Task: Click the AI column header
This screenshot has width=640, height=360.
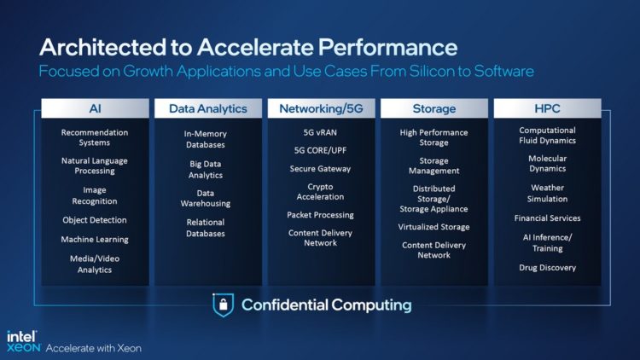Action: [95, 108]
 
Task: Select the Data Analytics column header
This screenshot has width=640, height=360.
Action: [208, 108]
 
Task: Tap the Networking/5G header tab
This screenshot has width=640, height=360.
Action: [320, 108]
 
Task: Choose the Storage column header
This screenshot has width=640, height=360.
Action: [433, 108]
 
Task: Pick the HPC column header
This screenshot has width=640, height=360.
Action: [547, 108]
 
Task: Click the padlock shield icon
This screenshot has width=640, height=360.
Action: [223, 305]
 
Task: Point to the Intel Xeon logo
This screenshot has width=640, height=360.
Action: [22, 341]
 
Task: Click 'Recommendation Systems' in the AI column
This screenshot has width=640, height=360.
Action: [95, 137]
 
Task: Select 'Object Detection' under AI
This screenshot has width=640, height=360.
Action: [95, 219]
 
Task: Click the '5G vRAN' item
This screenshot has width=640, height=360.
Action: [320, 132]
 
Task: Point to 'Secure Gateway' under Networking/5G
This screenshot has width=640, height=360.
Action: [320, 168]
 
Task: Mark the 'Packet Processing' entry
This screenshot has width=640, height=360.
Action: [320, 215]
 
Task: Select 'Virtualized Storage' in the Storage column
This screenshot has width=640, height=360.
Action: [433, 227]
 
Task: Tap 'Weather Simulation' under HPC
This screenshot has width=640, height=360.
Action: [547, 193]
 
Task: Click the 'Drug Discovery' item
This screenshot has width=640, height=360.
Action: [547, 268]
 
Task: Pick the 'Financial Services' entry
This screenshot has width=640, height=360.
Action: [547, 218]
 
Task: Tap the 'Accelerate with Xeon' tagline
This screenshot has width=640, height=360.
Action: [93, 348]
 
